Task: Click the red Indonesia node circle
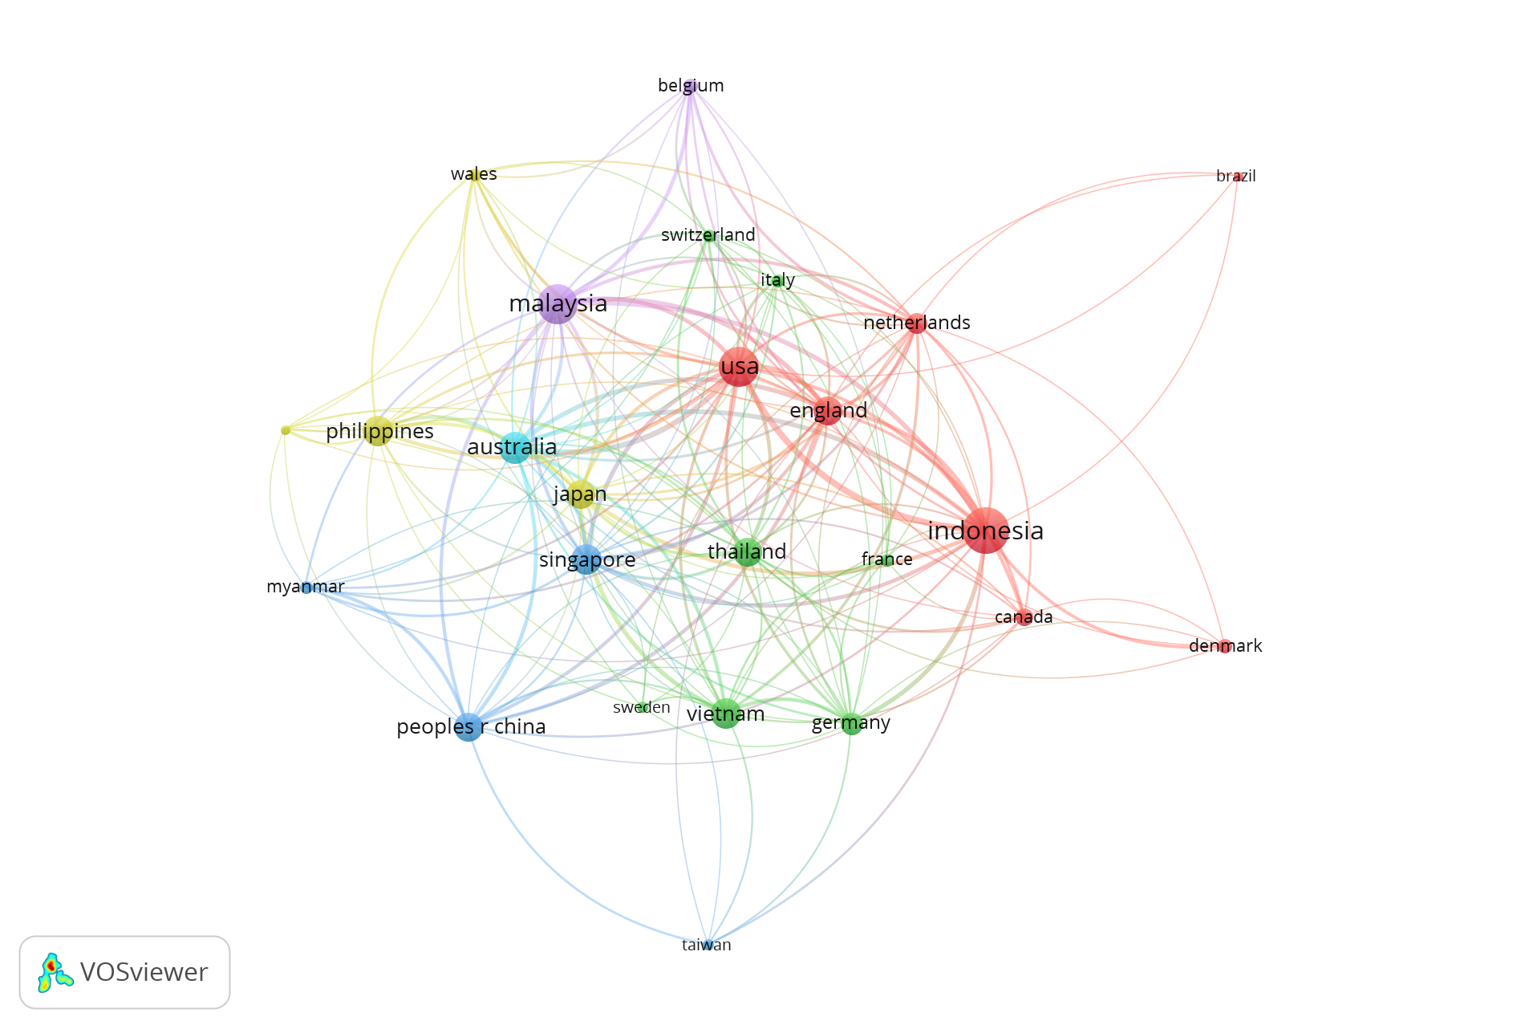(x=985, y=530)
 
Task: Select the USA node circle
(x=739, y=367)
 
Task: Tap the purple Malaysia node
(x=558, y=303)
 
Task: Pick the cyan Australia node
(x=515, y=447)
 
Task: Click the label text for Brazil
(x=1235, y=176)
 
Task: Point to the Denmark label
(x=1225, y=645)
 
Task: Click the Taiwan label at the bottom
(x=706, y=945)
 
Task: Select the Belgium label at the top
(x=691, y=86)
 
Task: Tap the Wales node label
(x=473, y=174)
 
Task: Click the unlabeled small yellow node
(x=286, y=430)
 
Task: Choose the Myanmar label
(x=305, y=587)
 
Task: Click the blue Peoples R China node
(x=468, y=726)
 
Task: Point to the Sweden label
(x=641, y=707)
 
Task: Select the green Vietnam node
(x=725, y=714)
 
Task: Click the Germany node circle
(x=851, y=723)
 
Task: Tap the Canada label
(x=1023, y=617)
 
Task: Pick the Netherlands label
(x=916, y=323)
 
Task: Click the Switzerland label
(x=708, y=235)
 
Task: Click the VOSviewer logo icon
(x=55, y=972)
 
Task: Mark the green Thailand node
(x=747, y=551)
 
